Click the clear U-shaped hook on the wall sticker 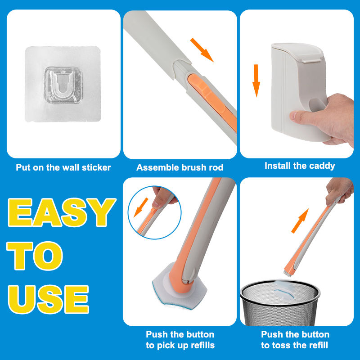coord(63,85)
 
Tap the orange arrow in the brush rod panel coord(202,50)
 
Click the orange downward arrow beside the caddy coord(256,81)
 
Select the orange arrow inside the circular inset coord(141,207)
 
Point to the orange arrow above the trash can coord(300,221)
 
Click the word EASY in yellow coord(62,212)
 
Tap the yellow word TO coord(35,256)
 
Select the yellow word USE coord(49,299)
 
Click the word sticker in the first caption coord(96,167)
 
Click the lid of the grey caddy coord(297,52)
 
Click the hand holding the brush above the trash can coord(339,191)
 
